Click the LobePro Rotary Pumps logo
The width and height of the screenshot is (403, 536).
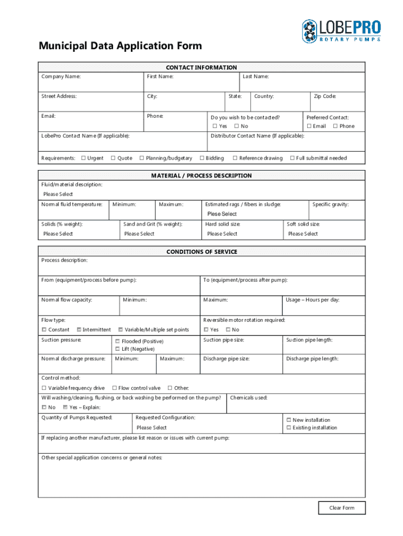tap(341, 31)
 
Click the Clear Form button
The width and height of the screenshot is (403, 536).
tap(342, 508)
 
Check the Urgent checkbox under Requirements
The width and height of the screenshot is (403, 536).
tap(84, 158)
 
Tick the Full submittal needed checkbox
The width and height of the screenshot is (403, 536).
tap(292, 158)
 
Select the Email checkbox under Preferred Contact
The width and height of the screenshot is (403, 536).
tap(309, 126)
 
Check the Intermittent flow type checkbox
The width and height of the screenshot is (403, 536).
tap(79, 330)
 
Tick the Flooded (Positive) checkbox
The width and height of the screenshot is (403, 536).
tap(118, 341)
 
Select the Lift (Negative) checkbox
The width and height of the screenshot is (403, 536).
tap(118, 349)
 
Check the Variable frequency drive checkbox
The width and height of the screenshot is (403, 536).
tap(44, 388)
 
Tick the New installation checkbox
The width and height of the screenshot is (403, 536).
tap(288, 420)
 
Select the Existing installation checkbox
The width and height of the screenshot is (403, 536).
tap(288, 428)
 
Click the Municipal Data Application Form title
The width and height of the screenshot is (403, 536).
tap(120, 46)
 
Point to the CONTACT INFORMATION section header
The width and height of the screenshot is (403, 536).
tap(201, 68)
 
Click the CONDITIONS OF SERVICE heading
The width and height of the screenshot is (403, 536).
tap(201, 252)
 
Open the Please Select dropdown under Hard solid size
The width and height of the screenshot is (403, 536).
tap(222, 234)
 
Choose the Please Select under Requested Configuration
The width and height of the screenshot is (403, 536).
tap(152, 428)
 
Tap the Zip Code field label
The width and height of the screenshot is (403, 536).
tap(324, 96)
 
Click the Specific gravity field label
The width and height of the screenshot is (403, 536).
tap(330, 204)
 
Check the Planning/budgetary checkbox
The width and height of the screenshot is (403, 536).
tap(141, 158)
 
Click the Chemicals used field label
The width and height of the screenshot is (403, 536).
tap(249, 398)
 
